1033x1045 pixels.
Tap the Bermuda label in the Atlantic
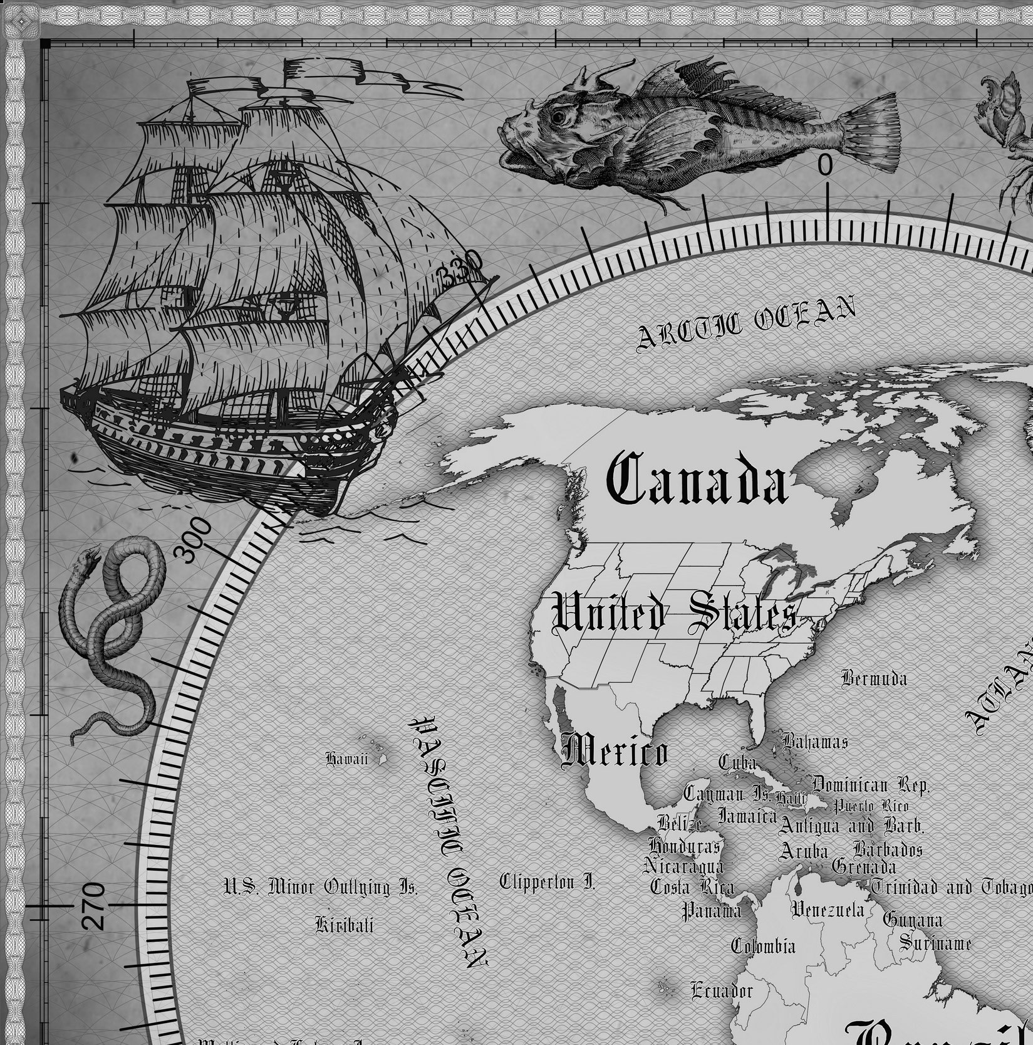tap(874, 678)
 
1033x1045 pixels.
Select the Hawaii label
tap(346, 759)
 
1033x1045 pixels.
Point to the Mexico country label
tap(615, 751)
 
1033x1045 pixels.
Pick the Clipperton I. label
tap(547, 882)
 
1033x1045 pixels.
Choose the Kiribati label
tap(344, 925)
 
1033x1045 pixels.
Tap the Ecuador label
tap(722, 990)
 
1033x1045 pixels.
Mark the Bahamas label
tap(815, 742)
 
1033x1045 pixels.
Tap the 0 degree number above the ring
tap(826, 165)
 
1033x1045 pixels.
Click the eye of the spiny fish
tap(556, 116)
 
